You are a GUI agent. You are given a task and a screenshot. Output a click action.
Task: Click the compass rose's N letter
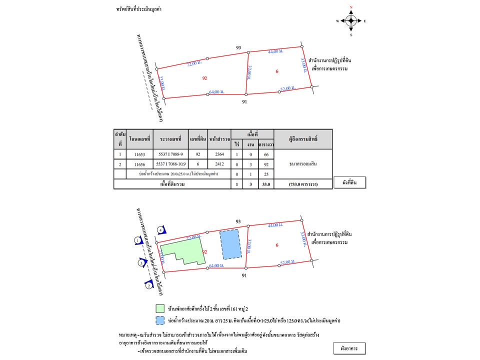pyautogui.click(x=351, y=7)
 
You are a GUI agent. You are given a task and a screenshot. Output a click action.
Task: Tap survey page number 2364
pyautogui.click(x=220, y=155)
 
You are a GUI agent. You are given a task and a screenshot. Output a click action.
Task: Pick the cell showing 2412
pyautogui.click(x=220, y=164)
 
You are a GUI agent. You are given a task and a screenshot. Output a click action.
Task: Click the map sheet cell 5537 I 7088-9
pyautogui.click(x=171, y=155)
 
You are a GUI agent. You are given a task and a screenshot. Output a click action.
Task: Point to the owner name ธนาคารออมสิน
pyautogui.click(x=303, y=163)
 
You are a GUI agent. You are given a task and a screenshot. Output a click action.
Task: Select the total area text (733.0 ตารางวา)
pyautogui.click(x=303, y=184)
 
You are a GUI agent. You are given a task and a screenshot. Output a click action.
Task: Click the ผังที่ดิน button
pyautogui.click(x=349, y=182)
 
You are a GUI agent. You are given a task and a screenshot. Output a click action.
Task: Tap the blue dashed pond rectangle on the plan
pyautogui.click(x=230, y=244)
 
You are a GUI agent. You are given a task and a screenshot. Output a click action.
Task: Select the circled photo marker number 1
pyautogui.click(x=137, y=241)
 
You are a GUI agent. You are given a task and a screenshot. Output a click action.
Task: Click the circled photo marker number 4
pyautogui.click(x=160, y=230)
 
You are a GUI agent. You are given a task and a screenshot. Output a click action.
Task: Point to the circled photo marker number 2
pyautogui.click(x=148, y=285)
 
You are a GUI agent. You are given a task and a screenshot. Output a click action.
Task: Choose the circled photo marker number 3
pyautogui.click(x=141, y=262)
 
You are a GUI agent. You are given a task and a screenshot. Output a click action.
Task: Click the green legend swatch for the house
pyautogui.click(x=160, y=308)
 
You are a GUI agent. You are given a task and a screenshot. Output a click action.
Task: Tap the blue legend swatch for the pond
pyautogui.click(x=160, y=319)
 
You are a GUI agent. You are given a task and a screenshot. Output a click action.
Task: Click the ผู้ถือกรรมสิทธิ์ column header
pyautogui.click(x=303, y=138)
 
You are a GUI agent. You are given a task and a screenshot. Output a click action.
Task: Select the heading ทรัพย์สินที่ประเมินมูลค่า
pyautogui.click(x=141, y=9)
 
